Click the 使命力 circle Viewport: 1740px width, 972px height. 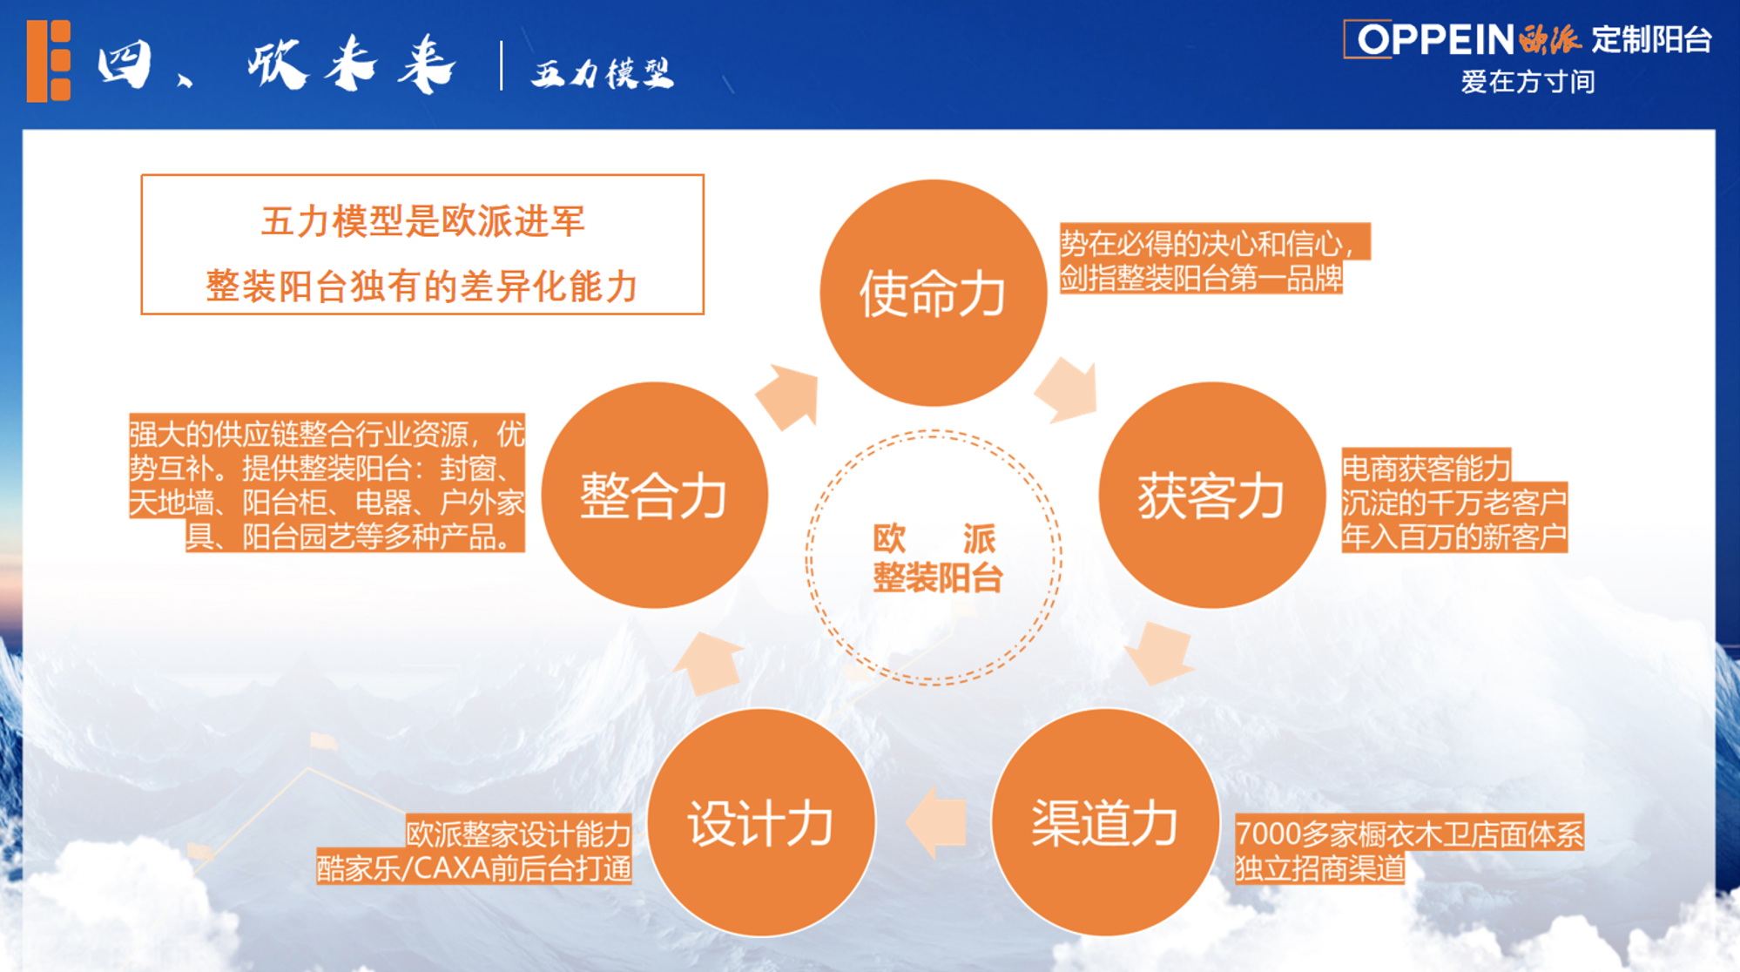pos(933,293)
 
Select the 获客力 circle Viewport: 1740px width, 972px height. pos(1211,495)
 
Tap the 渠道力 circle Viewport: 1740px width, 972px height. pos(1104,822)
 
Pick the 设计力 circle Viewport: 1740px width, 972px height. pos(761,822)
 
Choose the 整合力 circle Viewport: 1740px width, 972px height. pos(654,495)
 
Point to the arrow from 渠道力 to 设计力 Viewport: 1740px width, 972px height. pos(936,822)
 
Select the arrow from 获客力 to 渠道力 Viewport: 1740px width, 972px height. pos(1159,653)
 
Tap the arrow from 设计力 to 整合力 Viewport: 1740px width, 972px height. pos(710,664)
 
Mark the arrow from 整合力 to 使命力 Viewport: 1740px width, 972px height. pos(788,397)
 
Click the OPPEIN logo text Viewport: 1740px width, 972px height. pos(1436,39)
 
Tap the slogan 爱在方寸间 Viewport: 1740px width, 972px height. pos(1528,82)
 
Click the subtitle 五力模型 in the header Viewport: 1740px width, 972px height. pos(603,73)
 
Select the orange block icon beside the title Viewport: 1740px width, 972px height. pos(49,62)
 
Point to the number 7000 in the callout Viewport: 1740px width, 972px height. pos(1269,834)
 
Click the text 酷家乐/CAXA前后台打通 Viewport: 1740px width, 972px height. pos(474,868)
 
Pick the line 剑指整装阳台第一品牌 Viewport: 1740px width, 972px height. pos(1201,278)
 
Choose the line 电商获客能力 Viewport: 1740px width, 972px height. pos(1426,469)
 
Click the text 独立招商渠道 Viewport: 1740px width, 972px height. pos(1320,868)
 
